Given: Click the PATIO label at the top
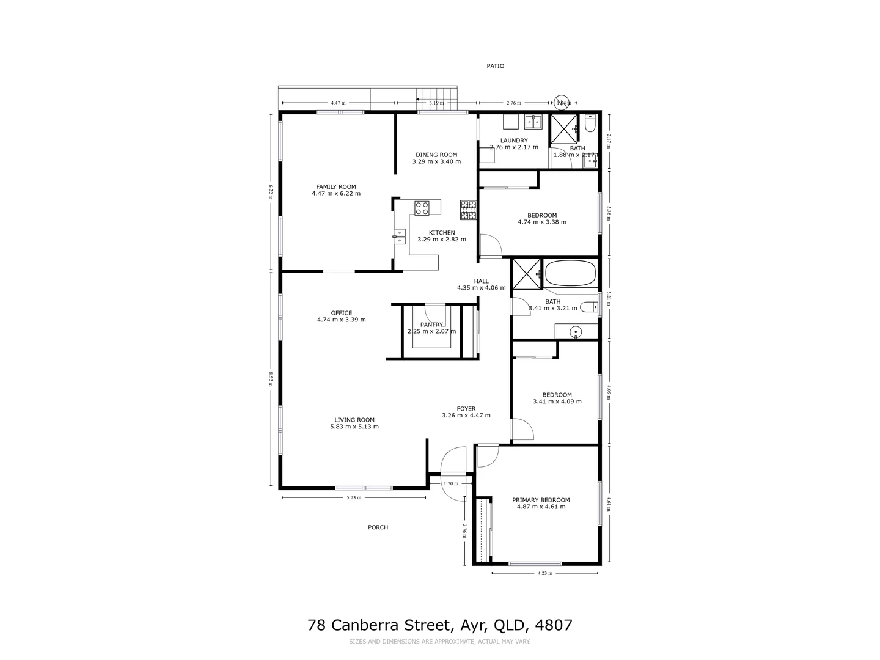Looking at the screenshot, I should click(495, 66).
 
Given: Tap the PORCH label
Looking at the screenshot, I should click(378, 527).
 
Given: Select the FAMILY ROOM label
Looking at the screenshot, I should click(335, 187).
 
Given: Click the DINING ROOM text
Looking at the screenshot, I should click(436, 155).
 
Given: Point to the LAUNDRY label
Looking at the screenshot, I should click(513, 141).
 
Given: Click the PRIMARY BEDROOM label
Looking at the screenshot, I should click(540, 500).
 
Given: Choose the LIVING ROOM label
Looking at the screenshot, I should click(354, 420).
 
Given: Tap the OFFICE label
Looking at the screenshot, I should click(341, 313).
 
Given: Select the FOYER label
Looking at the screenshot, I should click(466, 409).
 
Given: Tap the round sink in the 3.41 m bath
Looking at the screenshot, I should click(575, 332).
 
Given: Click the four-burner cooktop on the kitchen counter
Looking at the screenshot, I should click(422, 208).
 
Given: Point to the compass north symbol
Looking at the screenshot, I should click(562, 102).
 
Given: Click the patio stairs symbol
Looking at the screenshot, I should click(436, 98).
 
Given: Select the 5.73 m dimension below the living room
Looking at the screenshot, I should click(354, 497).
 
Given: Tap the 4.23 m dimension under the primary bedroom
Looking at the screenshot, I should click(544, 573).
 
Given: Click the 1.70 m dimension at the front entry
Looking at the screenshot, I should click(450, 483).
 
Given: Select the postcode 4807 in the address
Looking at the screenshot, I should click(553, 625).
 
